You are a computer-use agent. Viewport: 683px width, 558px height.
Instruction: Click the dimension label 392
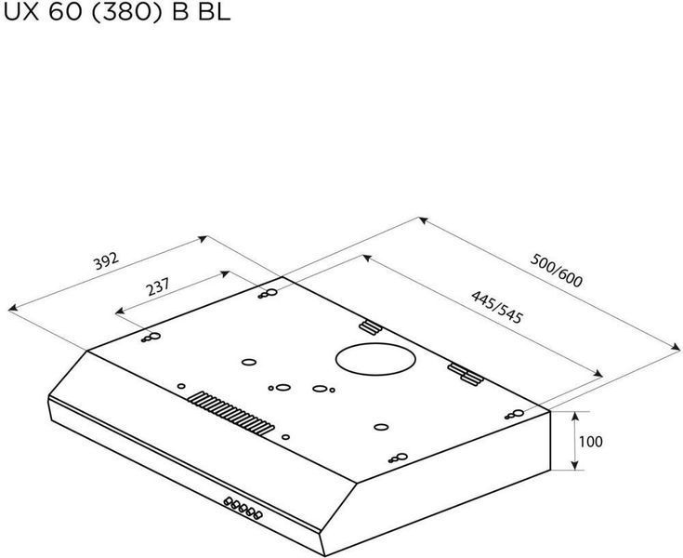(x=106, y=260)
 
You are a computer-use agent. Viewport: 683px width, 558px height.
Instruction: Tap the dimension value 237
(x=158, y=286)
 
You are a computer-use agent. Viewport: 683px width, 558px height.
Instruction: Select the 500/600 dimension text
(x=556, y=271)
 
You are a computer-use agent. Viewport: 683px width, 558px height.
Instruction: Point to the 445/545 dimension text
(x=496, y=307)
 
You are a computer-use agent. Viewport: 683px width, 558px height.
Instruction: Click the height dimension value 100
(x=591, y=442)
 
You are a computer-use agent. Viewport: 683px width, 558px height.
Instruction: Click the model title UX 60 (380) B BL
(x=116, y=12)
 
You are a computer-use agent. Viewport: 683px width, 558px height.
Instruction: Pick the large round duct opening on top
(x=375, y=359)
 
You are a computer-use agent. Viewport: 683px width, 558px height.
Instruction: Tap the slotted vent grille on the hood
(x=230, y=413)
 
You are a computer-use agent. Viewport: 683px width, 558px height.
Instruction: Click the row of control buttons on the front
(x=243, y=509)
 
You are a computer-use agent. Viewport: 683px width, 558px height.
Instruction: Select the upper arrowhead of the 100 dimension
(x=575, y=416)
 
